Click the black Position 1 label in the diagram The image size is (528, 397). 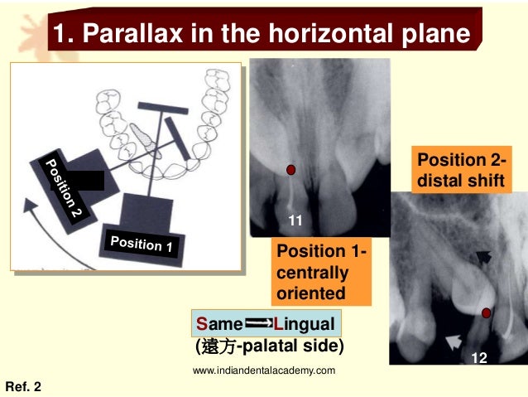[x=142, y=244]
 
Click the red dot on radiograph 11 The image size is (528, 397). [x=290, y=170]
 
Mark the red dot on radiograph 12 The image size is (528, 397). [x=487, y=312]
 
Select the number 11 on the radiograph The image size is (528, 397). [x=295, y=220]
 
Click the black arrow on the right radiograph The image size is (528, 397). [x=483, y=258]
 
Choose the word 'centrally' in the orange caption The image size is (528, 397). [x=312, y=272]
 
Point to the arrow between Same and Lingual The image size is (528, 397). [x=258, y=322]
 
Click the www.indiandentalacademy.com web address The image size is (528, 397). [x=264, y=370]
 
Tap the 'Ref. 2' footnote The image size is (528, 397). [x=23, y=386]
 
